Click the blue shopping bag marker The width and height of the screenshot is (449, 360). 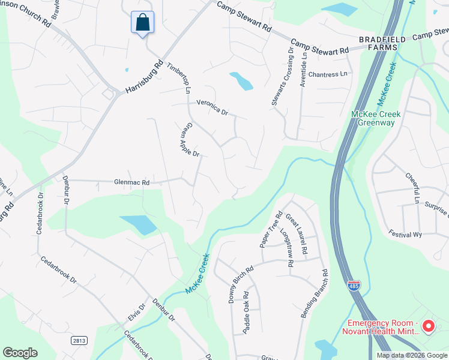[x=142, y=23]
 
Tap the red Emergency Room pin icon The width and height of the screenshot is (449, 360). [x=428, y=326]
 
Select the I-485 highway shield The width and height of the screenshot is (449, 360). [x=354, y=286]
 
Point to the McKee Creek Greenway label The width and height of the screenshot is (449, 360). [x=376, y=118]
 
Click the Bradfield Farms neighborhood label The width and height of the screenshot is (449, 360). [x=378, y=43]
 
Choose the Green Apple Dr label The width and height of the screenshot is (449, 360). [x=190, y=140]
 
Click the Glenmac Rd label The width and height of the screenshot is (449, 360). [x=131, y=182]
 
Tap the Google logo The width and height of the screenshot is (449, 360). [x=20, y=353]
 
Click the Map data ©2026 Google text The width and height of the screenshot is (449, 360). [x=411, y=355]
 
